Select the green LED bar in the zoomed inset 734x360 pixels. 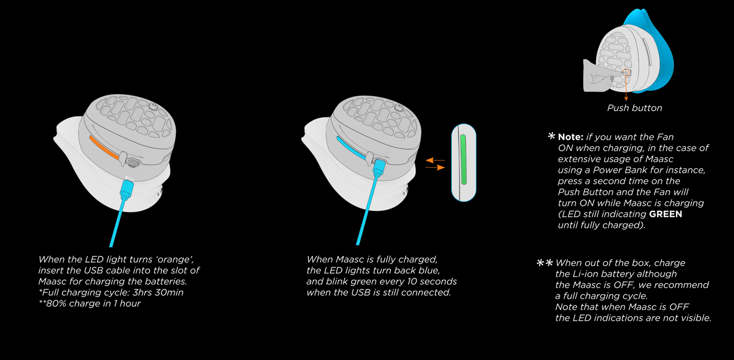(x=463, y=160)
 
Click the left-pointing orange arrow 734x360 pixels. (x=435, y=160)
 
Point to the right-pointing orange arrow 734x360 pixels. (x=435, y=167)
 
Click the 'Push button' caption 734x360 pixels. (x=634, y=108)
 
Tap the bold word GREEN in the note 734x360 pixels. (x=665, y=214)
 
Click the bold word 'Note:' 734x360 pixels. (x=570, y=137)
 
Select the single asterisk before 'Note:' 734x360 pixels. (x=551, y=137)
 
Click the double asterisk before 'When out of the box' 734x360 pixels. (x=544, y=263)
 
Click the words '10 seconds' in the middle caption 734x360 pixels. (x=433, y=281)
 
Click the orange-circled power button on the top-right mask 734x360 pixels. (x=626, y=73)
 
